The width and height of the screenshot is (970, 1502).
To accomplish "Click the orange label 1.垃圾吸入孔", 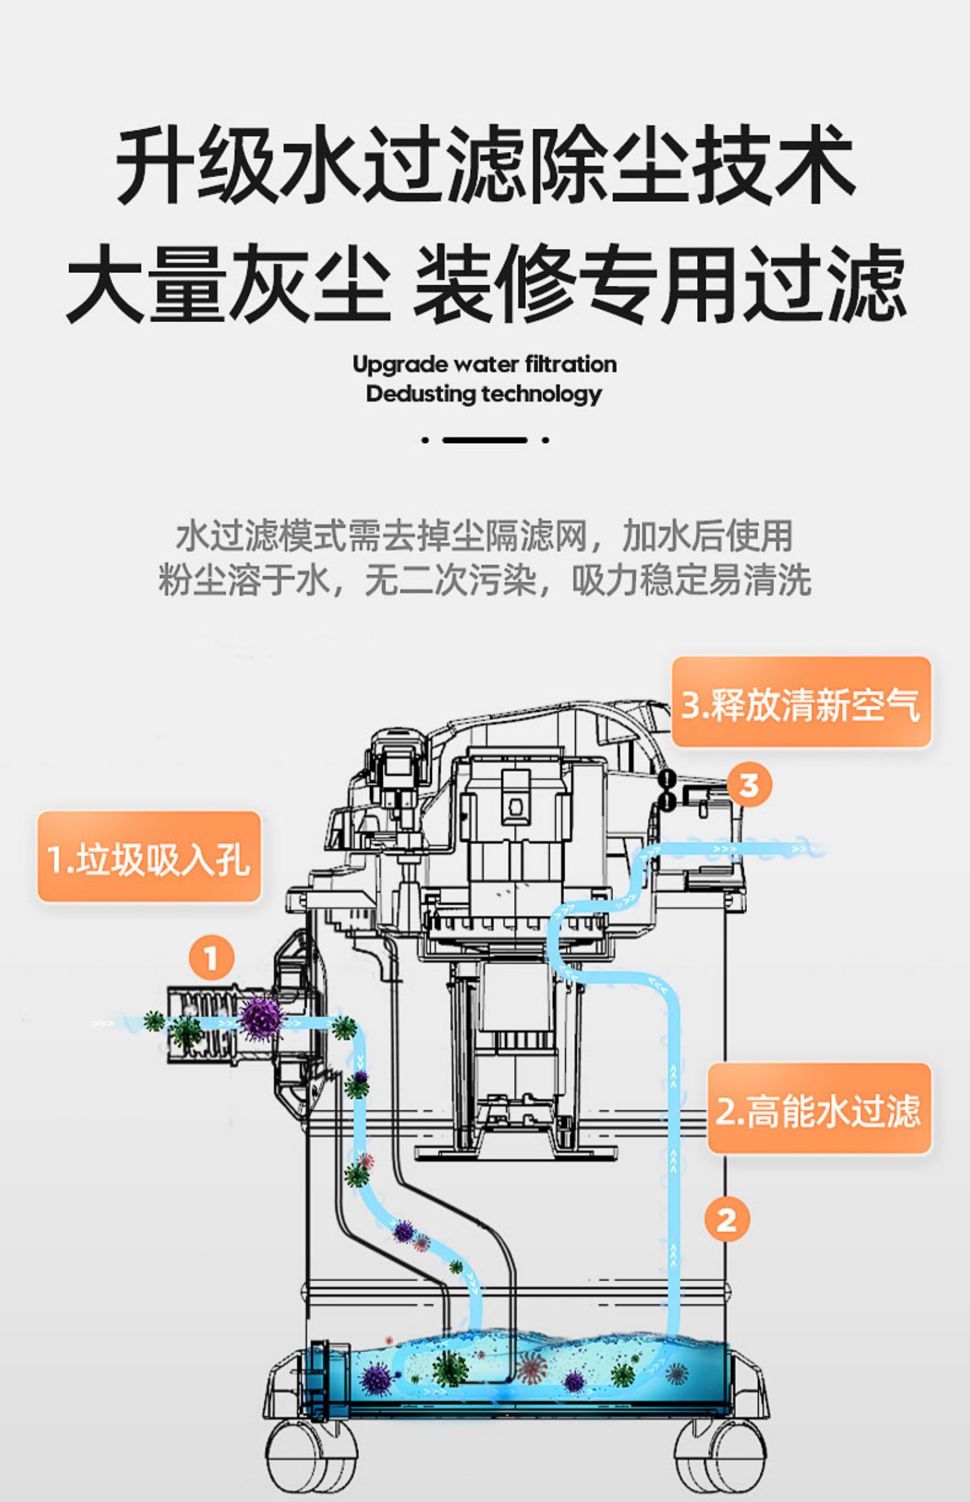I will click(149, 857).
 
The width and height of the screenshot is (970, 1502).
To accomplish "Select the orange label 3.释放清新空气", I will click(801, 702).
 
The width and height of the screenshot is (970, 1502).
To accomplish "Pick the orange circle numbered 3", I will click(749, 785).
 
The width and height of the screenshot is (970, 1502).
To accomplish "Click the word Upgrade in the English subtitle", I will click(401, 365).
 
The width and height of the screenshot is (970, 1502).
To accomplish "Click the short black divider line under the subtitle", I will click(485, 440).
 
